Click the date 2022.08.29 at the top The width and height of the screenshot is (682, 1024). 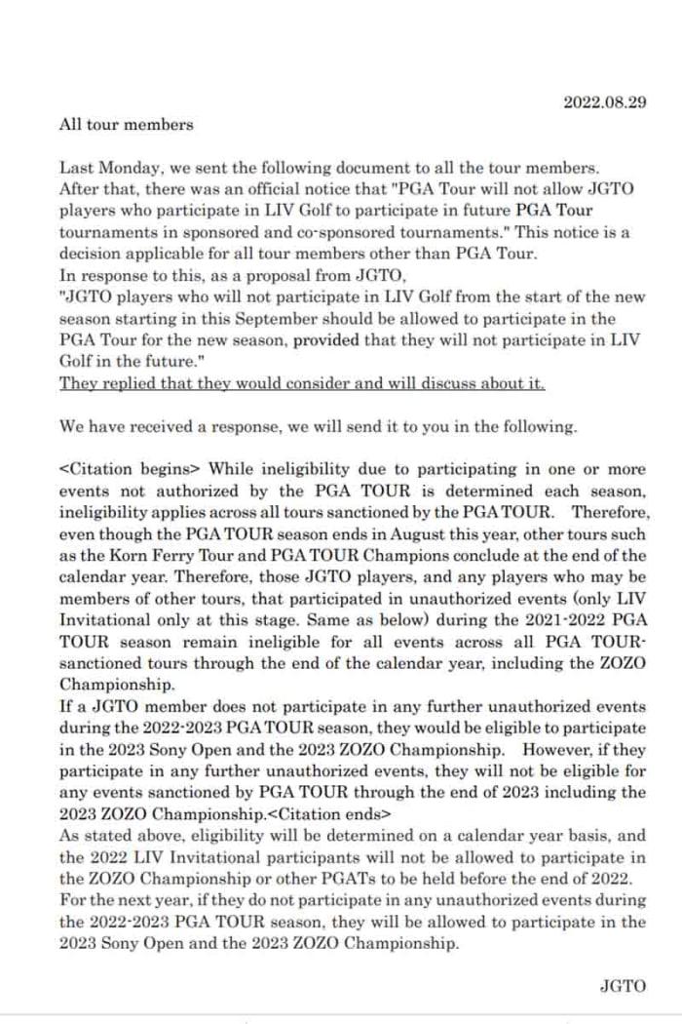tap(605, 102)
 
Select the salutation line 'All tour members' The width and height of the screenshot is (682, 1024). tap(126, 124)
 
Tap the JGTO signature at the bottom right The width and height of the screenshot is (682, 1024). tap(623, 985)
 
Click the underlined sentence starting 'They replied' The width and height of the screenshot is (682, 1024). tap(302, 383)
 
